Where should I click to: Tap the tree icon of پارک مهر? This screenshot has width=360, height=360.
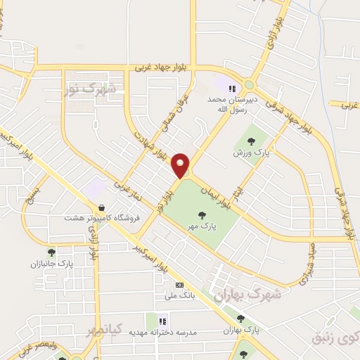tap(202, 215)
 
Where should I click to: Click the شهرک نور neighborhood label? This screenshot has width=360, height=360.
tap(92, 89)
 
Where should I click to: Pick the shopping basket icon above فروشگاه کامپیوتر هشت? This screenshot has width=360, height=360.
tap(104, 208)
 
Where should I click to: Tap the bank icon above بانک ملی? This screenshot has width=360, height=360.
tap(179, 285)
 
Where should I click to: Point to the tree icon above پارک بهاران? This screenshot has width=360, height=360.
tap(240, 319)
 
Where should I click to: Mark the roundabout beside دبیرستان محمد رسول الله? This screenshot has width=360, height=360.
tap(249, 84)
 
